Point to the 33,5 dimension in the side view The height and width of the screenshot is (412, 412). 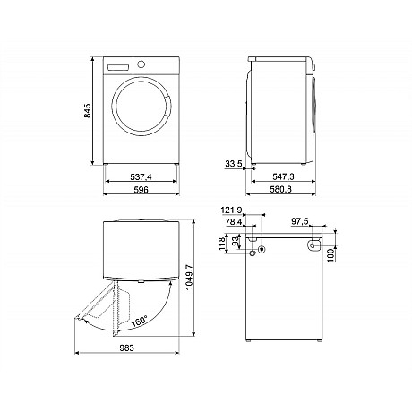[x=235, y=164]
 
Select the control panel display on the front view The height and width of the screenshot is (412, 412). [x=117, y=66]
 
